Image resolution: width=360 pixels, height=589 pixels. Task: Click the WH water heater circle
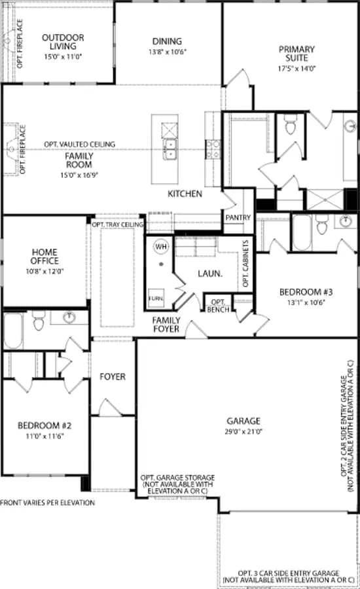(161, 247)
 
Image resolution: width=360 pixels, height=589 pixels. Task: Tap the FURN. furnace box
(156, 298)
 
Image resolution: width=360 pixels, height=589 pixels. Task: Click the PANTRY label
(238, 217)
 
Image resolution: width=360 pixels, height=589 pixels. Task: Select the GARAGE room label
(243, 421)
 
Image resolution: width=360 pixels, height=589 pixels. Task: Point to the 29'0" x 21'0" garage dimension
(243, 432)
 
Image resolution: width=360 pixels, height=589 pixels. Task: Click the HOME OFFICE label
(45, 256)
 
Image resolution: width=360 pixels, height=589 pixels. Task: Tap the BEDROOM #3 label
(306, 292)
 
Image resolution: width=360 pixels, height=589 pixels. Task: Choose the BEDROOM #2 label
(45, 425)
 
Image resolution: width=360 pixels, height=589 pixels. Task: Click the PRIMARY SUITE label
(297, 54)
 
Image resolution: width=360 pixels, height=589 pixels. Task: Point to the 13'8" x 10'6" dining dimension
(167, 52)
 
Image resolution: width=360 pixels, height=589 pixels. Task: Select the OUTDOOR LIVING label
(63, 42)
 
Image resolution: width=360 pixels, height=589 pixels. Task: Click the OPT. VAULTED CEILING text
(80, 144)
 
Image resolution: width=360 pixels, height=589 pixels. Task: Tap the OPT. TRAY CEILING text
(118, 224)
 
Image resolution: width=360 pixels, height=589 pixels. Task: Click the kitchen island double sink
(170, 149)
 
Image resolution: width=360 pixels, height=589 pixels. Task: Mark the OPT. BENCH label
(219, 306)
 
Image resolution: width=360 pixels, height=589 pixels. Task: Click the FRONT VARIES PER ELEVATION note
(47, 503)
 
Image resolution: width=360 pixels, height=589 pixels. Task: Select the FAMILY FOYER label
(166, 325)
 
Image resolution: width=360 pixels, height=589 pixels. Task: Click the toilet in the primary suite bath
(291, 124)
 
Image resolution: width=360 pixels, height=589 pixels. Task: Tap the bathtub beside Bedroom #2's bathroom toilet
(13, 331)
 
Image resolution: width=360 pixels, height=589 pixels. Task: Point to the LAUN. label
(210, 274)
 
